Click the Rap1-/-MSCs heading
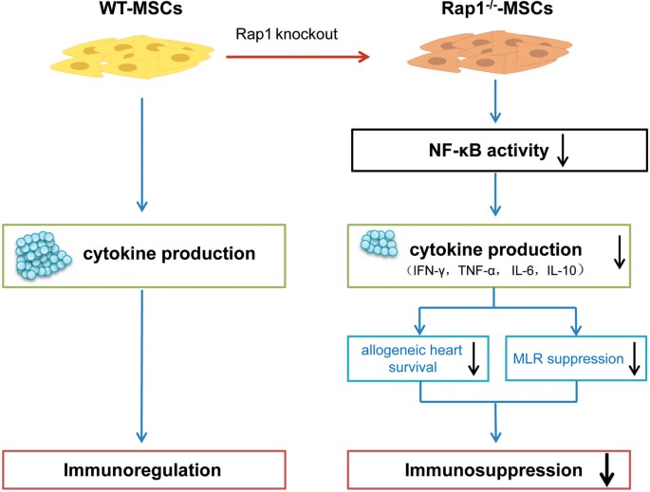click(492, 14)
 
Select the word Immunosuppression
click(480, 468)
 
